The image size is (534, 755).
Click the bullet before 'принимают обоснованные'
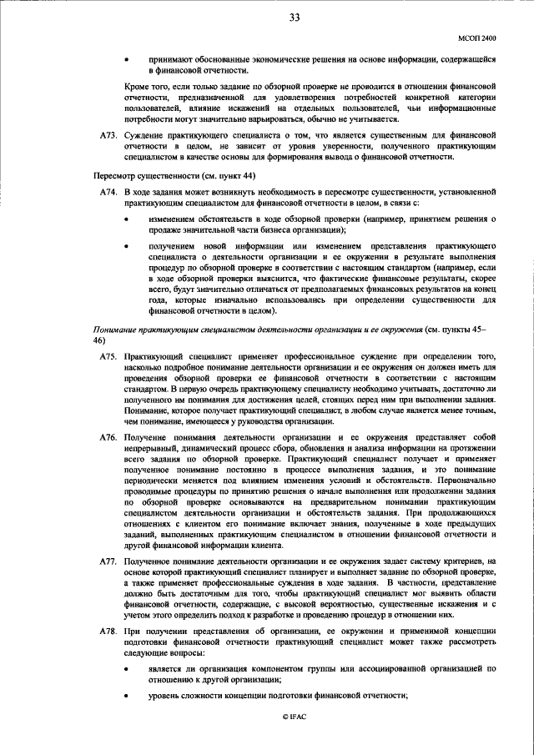pyautogui.click(x=126, y=59)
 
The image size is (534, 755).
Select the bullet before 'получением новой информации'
pyautogui.click(x=126, y=248)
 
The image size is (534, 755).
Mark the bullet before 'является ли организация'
pyautogui.click(x=126, y=669)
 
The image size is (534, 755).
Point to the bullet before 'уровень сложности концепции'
pyautogui.click(x=126, y=697)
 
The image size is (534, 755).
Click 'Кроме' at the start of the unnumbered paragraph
pyautogui.click(x=136, y=87)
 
